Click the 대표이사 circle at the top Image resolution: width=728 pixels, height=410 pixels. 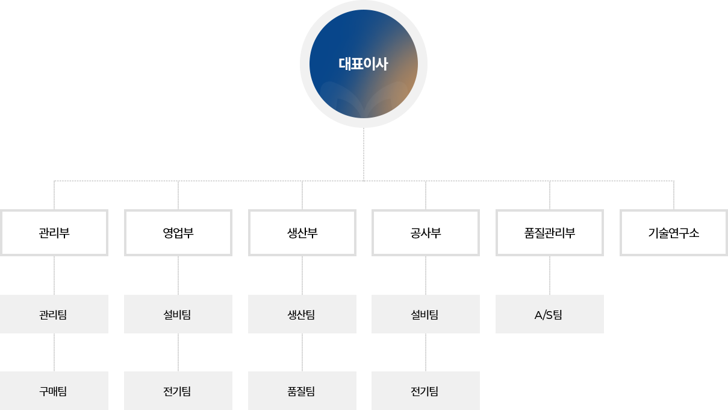[363, 64]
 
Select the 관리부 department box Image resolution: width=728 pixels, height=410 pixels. [54, 233]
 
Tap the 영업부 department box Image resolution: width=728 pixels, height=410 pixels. [178, 233]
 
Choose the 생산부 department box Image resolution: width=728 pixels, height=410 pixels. [302, 233]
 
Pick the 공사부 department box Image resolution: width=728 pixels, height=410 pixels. [426, 233]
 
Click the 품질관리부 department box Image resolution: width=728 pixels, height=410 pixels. [550, 233]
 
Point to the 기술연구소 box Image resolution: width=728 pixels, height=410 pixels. [674, 233]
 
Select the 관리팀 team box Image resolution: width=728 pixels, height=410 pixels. [54, 314]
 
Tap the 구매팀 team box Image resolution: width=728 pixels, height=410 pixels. [54, 391]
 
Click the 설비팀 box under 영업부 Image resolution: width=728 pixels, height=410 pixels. [178, 314]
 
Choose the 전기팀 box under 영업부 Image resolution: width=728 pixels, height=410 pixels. [178, 391]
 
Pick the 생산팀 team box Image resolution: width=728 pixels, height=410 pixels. [302, 314]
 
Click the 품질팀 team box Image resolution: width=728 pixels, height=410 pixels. [302, 391]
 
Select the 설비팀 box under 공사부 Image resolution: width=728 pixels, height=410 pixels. [426, 314]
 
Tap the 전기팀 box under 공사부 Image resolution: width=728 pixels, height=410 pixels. [426, 391]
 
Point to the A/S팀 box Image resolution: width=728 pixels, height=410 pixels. [550, 314]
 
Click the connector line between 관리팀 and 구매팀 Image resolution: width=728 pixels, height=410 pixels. [54, 352]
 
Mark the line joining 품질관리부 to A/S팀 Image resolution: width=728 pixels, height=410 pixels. [550, 276]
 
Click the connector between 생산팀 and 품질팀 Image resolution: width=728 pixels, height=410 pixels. [302, 352]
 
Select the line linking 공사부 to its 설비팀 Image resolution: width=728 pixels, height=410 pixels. [426, 276]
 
